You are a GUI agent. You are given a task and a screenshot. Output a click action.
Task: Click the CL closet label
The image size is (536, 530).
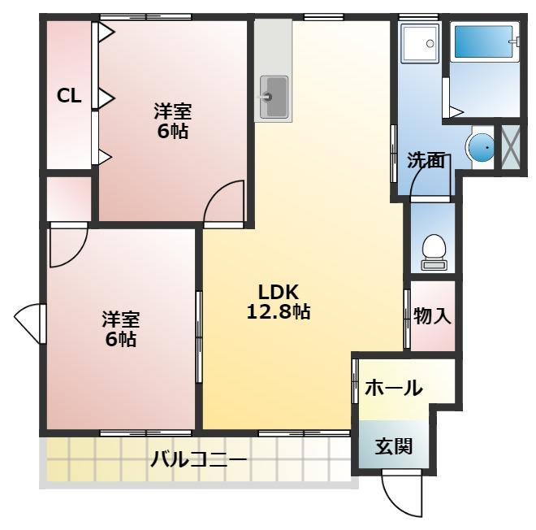(68, 96)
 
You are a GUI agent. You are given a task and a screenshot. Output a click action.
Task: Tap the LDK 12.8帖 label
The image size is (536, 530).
(279, 302)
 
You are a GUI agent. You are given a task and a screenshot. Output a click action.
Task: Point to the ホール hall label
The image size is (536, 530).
(393, 389)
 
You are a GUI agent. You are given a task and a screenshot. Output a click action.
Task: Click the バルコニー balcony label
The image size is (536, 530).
(198, 461)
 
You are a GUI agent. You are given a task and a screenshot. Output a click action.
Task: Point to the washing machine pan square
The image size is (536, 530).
(420, 42)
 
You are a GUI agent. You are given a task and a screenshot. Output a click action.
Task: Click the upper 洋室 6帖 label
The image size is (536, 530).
(172, 119)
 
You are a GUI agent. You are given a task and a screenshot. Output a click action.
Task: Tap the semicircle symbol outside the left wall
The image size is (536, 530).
(28, 324)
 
